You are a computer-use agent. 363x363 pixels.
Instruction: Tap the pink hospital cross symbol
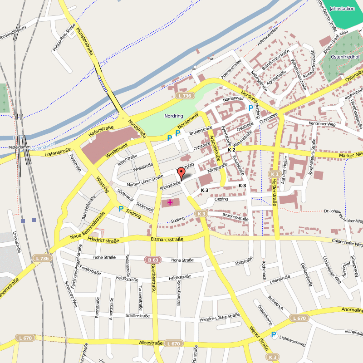coord(170,202)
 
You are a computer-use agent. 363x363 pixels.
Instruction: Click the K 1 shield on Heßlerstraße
coord(274,174)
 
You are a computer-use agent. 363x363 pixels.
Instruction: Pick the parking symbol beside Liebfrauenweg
coord(274,335)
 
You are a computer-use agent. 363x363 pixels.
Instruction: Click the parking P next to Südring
coord(121,209)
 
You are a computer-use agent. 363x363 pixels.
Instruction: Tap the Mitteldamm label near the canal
coord(19,148)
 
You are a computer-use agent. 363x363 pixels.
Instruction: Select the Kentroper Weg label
coord(322,123)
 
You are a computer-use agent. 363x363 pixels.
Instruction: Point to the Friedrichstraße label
coord(103,240)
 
